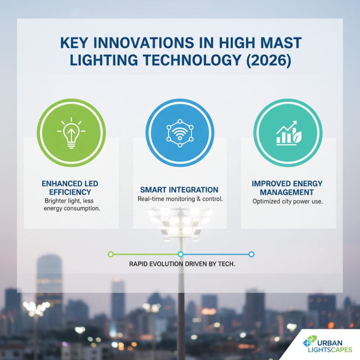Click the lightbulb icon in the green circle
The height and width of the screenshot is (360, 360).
click(x=71, y=133)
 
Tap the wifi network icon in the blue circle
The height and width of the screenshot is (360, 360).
click(x=180, y=133)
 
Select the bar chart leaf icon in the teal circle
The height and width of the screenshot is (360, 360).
click(x=289, y=133)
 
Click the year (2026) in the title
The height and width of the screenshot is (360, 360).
click(x=269, y=60)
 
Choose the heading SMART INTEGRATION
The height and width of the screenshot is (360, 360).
click(x=179, y=190)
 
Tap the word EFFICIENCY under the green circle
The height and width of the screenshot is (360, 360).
click(x=70, y=192)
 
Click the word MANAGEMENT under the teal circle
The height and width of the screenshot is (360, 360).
click(x=287, y=192)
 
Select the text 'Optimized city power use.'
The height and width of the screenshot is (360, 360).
click(x=288, y=202)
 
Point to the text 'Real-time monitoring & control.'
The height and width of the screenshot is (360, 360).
click(x=180, y=199)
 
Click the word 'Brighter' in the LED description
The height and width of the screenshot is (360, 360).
click(x=54, y=201)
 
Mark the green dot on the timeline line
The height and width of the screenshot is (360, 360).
click(x=111, y=254)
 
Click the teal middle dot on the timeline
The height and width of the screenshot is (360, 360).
click(x=181, y=254)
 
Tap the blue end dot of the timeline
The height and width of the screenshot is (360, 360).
click(x=252, y=254)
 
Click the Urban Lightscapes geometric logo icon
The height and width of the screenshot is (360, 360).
click(x=310, y=342)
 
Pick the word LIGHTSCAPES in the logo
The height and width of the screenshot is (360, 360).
click(x=330, y=350)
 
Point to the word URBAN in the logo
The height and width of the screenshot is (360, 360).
click(x=330, y=343)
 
